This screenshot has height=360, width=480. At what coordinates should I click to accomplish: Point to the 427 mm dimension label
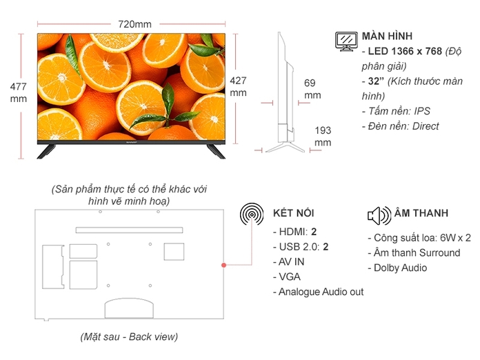pos(238,85)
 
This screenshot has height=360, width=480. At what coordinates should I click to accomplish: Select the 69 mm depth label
pos(312,89)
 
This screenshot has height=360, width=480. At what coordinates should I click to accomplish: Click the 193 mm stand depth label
pos(323,136)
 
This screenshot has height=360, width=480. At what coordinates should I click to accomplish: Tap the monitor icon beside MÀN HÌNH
pos(346,41)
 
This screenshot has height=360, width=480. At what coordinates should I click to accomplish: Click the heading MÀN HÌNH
pos(388,35)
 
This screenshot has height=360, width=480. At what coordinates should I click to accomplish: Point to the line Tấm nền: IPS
pos(395,111)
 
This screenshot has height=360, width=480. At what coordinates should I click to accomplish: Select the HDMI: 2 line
pos(294,231)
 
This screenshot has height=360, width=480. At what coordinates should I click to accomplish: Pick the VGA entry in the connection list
pos(286,277)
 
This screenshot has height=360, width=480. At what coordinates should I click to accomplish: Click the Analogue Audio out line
pos(318,292)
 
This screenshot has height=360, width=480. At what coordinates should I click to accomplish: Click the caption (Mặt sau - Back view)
pos(128,337)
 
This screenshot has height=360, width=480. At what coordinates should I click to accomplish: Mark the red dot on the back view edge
pos(223,265)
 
